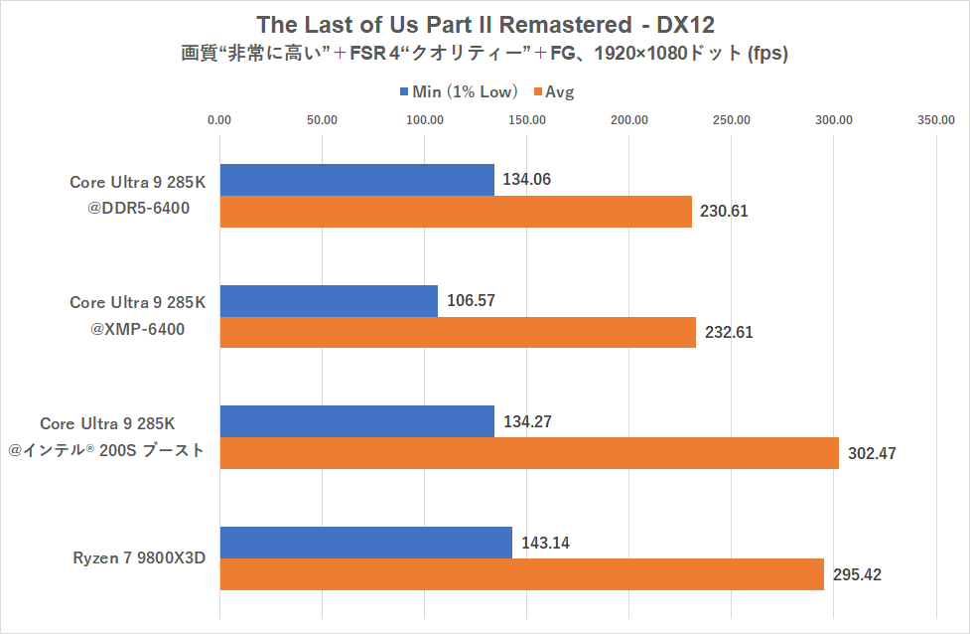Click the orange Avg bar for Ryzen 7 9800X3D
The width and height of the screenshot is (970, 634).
pos(521,574)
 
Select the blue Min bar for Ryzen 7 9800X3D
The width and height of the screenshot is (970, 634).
pos(365,543)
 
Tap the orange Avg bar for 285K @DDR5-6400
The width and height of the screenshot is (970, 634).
pos(456,212)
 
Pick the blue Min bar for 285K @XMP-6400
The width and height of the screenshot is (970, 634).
pos(329,301)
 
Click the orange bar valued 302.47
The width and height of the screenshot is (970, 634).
pos(529,453)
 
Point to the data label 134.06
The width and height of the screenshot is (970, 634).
pos(527,180)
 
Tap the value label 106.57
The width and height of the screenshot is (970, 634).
pos(470,301)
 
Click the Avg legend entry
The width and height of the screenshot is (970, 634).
pos(554,92)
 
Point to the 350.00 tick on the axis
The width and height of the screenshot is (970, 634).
pos(936,120)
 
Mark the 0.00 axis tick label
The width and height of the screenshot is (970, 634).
pos(219,120)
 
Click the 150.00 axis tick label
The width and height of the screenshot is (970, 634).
pos(526,120)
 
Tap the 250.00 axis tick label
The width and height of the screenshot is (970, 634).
pos(732,120)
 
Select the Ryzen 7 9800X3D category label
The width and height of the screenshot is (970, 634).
pos(138,557)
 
